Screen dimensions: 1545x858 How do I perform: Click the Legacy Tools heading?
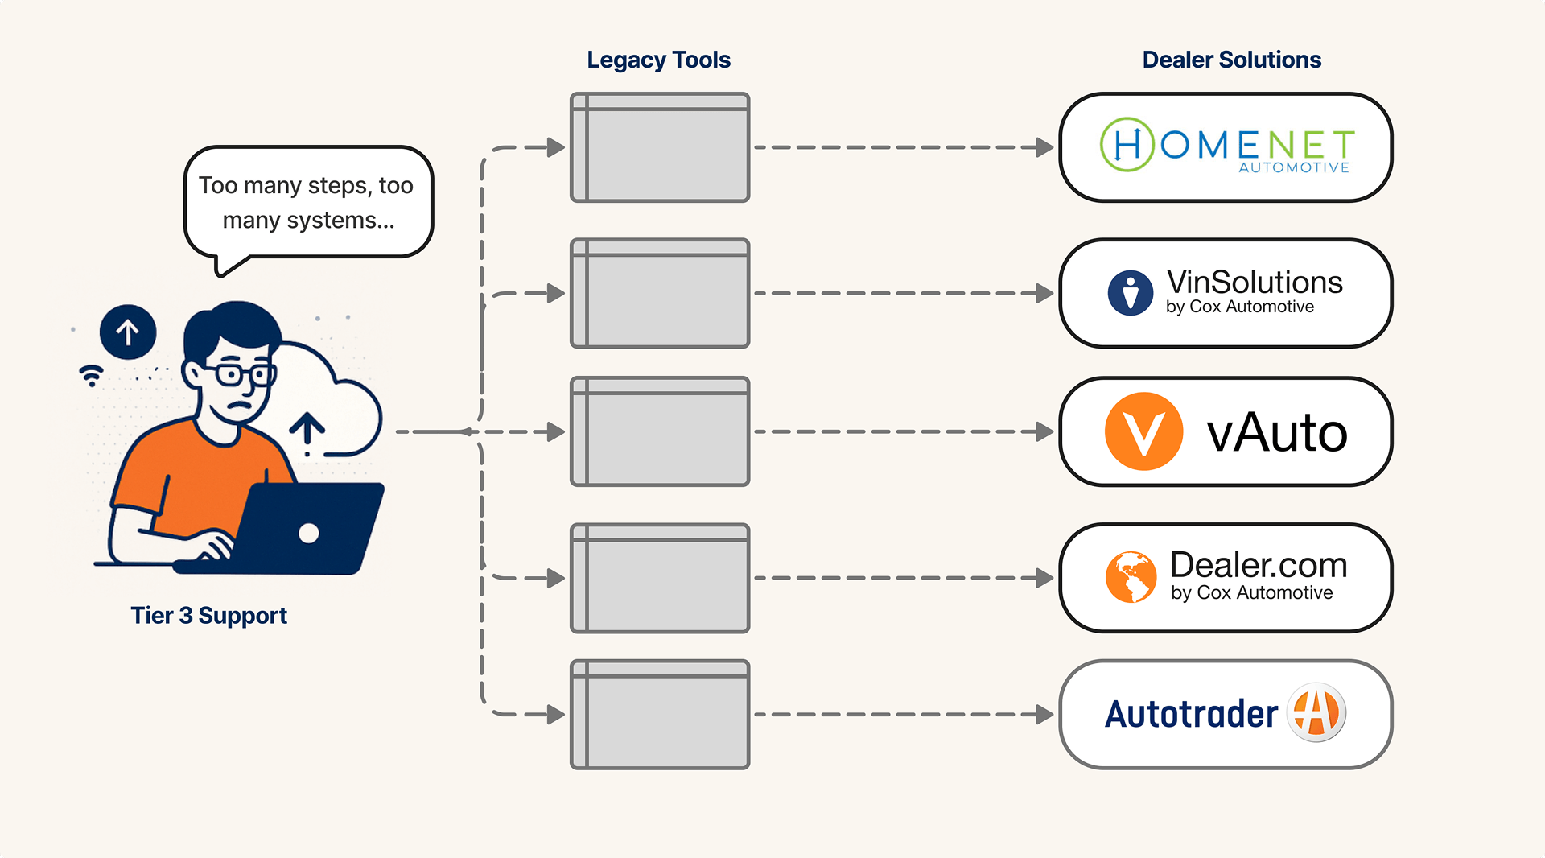[658, 60]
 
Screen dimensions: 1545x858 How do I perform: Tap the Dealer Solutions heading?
[1231, 60]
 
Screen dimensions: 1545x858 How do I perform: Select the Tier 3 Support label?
[209, 616]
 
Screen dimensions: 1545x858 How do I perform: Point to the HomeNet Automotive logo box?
[1226, 147]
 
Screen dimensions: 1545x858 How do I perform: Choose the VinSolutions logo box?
[1226, 293]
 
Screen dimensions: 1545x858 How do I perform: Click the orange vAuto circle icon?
[1143, 431]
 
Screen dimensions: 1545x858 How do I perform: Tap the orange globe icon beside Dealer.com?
[1131, 577]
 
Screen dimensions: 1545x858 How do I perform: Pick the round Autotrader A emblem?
[1316, 713]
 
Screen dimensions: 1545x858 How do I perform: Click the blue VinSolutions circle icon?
[1131, 293]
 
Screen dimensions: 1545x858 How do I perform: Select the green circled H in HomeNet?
[1127, 145]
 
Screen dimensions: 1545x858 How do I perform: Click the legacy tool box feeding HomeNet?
[660, 147]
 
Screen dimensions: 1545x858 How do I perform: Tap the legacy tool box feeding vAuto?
[660, 431]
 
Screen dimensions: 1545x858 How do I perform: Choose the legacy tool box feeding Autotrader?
[660, 715]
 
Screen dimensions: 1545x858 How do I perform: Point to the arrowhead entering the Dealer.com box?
[1044, 578]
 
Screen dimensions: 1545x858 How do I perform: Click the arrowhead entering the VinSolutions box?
[1044, 293]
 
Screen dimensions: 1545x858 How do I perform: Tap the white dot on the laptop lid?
[309, 533]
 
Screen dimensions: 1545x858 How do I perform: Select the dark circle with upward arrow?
[128, 332]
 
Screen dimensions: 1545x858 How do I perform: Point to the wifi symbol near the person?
[92, 375]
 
